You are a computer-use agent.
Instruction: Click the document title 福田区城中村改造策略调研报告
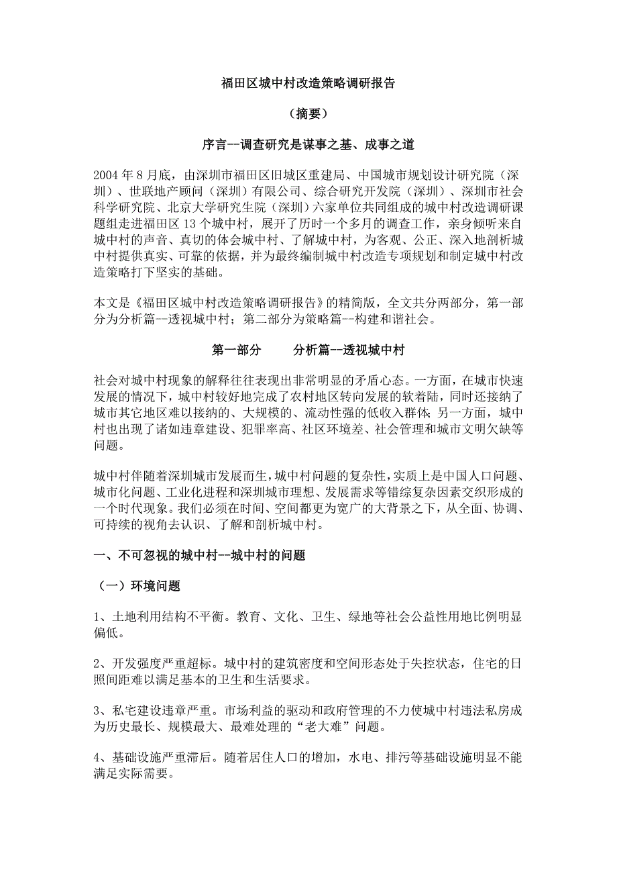coord(308,84)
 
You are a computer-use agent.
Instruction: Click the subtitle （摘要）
coord(308,114)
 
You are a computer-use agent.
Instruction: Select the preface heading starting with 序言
coord(308,144)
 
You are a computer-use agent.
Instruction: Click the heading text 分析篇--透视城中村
coord(348,350)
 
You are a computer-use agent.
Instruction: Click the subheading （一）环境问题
coord(137,586)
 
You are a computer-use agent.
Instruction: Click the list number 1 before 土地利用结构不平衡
coord(97,617)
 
